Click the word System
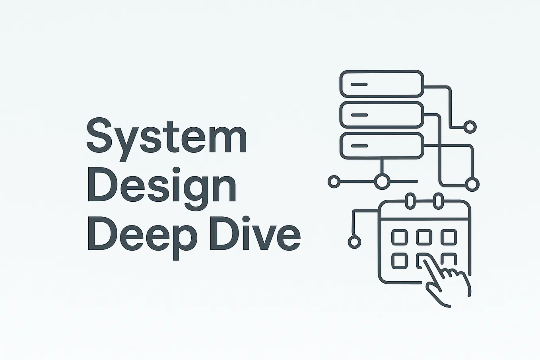167,140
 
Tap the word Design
162,189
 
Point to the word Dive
255,234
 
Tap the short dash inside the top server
359,84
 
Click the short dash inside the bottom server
359,146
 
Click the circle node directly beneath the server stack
382,181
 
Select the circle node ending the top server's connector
470,127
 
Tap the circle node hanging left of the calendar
355,242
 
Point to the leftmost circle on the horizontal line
334,181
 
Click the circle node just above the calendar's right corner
472,185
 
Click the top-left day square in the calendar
400,237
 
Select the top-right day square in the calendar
449,237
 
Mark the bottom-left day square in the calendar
400,261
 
